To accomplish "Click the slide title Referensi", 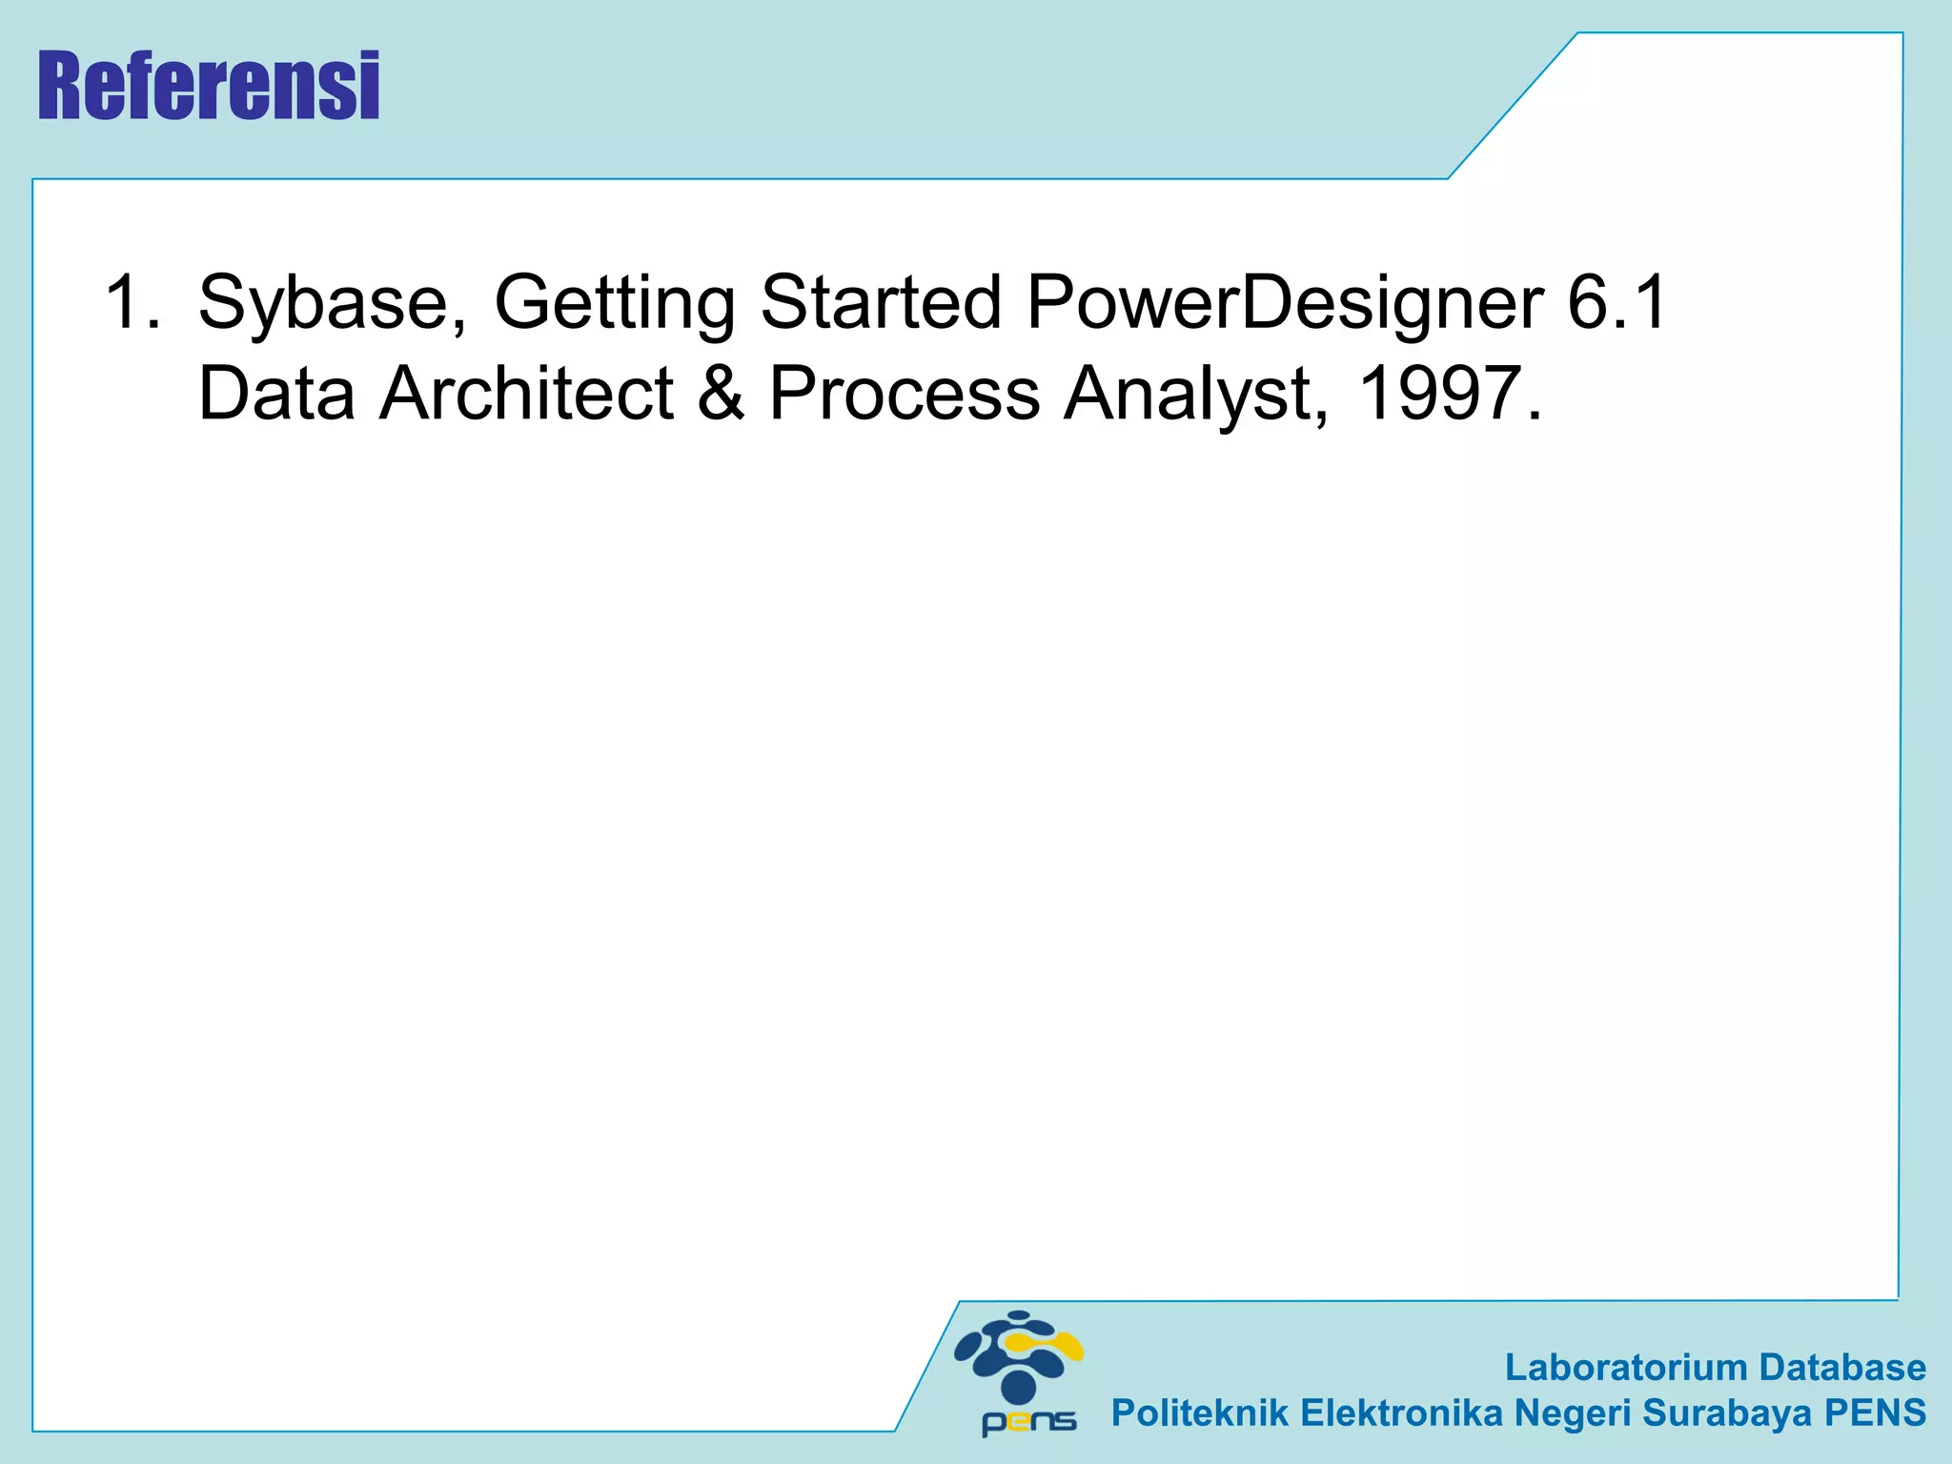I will coord(209,87).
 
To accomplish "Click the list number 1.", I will coord(132,302).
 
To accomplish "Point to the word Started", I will coord(880,302).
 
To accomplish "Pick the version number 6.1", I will coord(1616,302).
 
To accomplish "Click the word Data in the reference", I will coord(276,394).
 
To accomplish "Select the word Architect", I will coord(527,394).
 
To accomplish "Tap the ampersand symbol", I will coord(722,394).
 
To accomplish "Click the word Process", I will coord(904,394).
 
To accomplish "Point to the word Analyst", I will coord(1195,396).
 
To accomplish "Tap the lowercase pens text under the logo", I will coord(1028,1422).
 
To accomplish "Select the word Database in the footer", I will coord(1841,1367).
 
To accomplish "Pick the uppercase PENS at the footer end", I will coord(1875,1413).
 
